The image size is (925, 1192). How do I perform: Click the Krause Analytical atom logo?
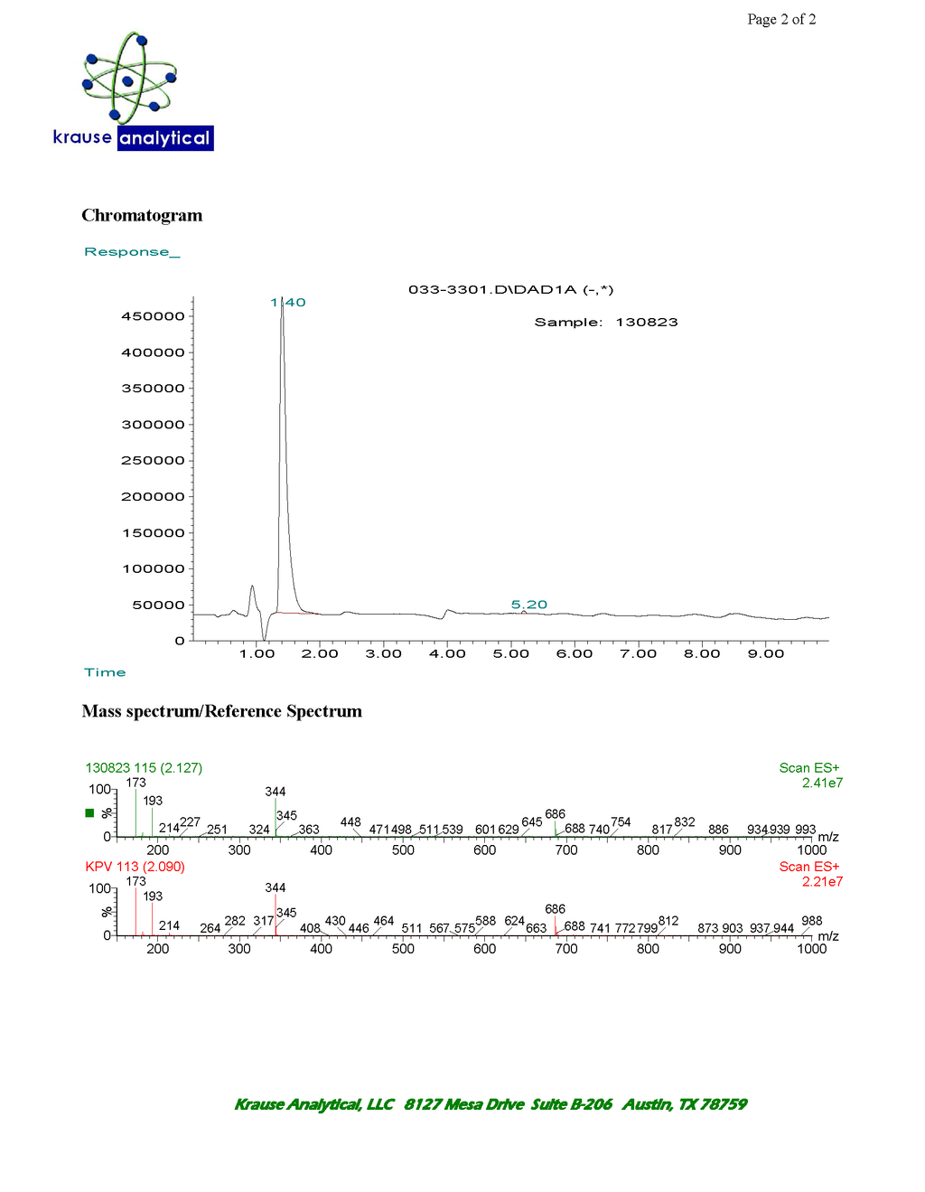(x=129, y=80)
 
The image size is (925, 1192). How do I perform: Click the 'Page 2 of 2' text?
(x=781, y=20)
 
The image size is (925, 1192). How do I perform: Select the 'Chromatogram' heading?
(x=142, y=215)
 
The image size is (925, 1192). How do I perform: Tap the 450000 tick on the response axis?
(x=153, y=316)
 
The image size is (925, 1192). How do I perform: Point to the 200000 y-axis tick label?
(x=153, y=497)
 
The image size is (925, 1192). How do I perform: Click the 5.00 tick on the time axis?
(x=511, y=653)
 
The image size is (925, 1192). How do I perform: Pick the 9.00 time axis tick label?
(x=766, y=653)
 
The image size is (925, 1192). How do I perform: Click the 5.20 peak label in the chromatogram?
(x=529, y=605)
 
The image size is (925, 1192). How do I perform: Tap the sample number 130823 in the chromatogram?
(x=647, y=323)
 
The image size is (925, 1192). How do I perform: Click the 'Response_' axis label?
(x=132, y=252)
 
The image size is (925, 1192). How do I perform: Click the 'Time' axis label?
(x=105, y=672)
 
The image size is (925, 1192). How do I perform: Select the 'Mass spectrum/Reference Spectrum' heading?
(x=221, y=711)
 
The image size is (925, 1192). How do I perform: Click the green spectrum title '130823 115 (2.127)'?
(x=144, y=768)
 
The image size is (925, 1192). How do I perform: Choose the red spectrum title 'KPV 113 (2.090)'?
(x=135, y=867)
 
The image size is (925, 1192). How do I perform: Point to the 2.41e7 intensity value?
(x=822, y=784)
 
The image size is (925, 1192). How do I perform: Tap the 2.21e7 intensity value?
(x=822, y=882)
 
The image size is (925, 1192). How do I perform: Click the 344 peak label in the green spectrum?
(x=276, y=792)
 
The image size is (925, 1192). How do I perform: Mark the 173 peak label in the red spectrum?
(x=135, y=881)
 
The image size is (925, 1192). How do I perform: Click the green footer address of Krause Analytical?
(x=491, y=1104)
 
